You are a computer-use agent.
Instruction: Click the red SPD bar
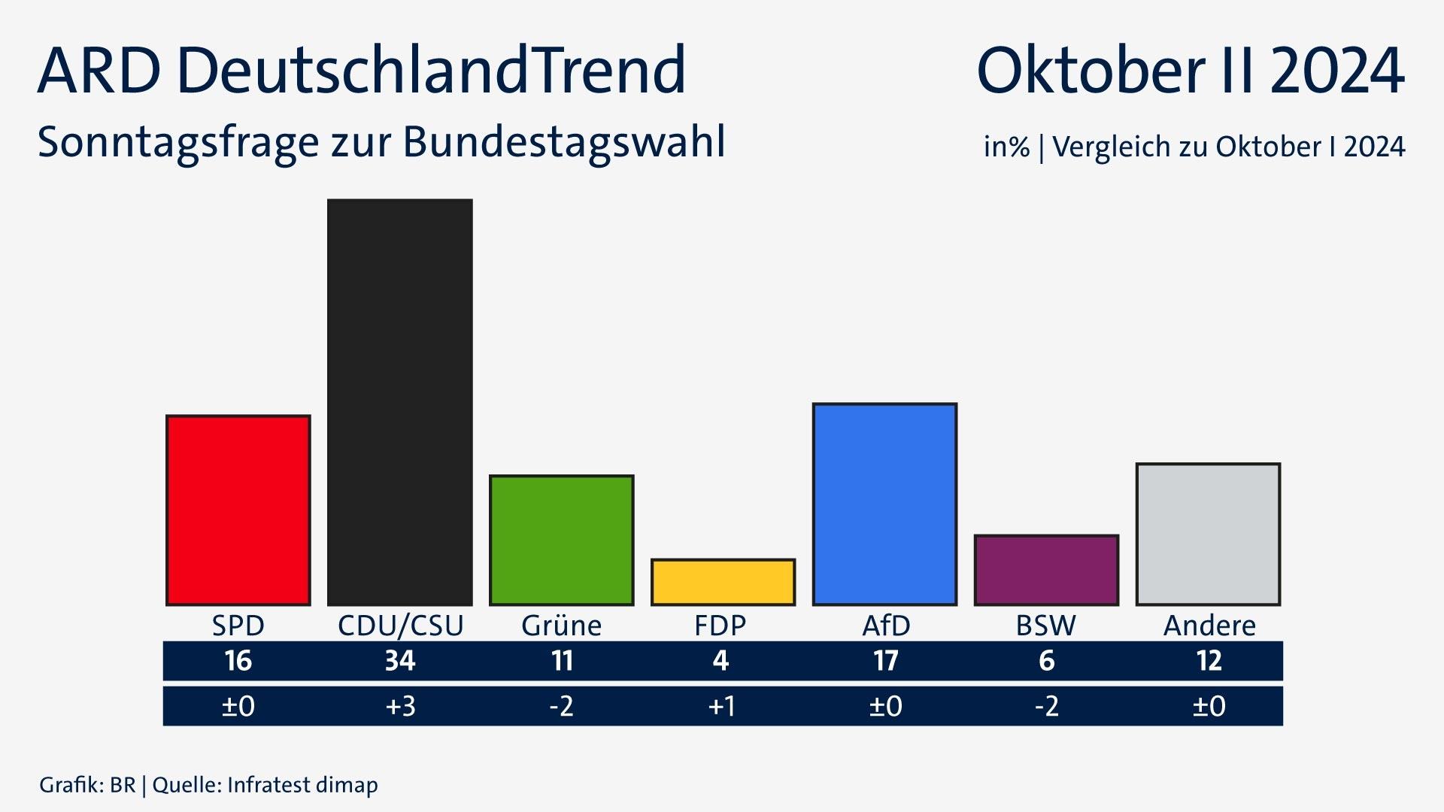[238, 510]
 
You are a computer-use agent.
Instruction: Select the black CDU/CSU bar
[400, 402]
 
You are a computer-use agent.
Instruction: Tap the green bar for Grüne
[561, 540]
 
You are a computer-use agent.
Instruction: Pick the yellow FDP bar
[723, 582]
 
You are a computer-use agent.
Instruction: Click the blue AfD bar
[884, 504]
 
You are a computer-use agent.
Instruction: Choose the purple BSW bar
[1046, 570]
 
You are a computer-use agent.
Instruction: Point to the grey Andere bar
[1208, 534]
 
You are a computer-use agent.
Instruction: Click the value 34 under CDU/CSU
[400, 661]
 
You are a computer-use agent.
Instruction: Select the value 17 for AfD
[885, 661]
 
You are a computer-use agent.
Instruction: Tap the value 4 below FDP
[720, 661]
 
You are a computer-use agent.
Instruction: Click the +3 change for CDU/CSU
[400, 706]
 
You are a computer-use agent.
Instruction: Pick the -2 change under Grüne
[561, 706]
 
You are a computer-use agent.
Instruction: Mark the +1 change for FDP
[721, 706]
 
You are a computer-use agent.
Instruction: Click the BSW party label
[1045, 626]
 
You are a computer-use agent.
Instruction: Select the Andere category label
[1209, 626]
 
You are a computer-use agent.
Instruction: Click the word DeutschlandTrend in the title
[432, 70]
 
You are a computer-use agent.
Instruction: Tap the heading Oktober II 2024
[1190, 70]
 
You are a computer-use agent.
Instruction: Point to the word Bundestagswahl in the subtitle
[564, 141]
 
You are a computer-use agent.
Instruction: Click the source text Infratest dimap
[302, 785]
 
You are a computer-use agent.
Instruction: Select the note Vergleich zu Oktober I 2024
[1228, 146]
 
